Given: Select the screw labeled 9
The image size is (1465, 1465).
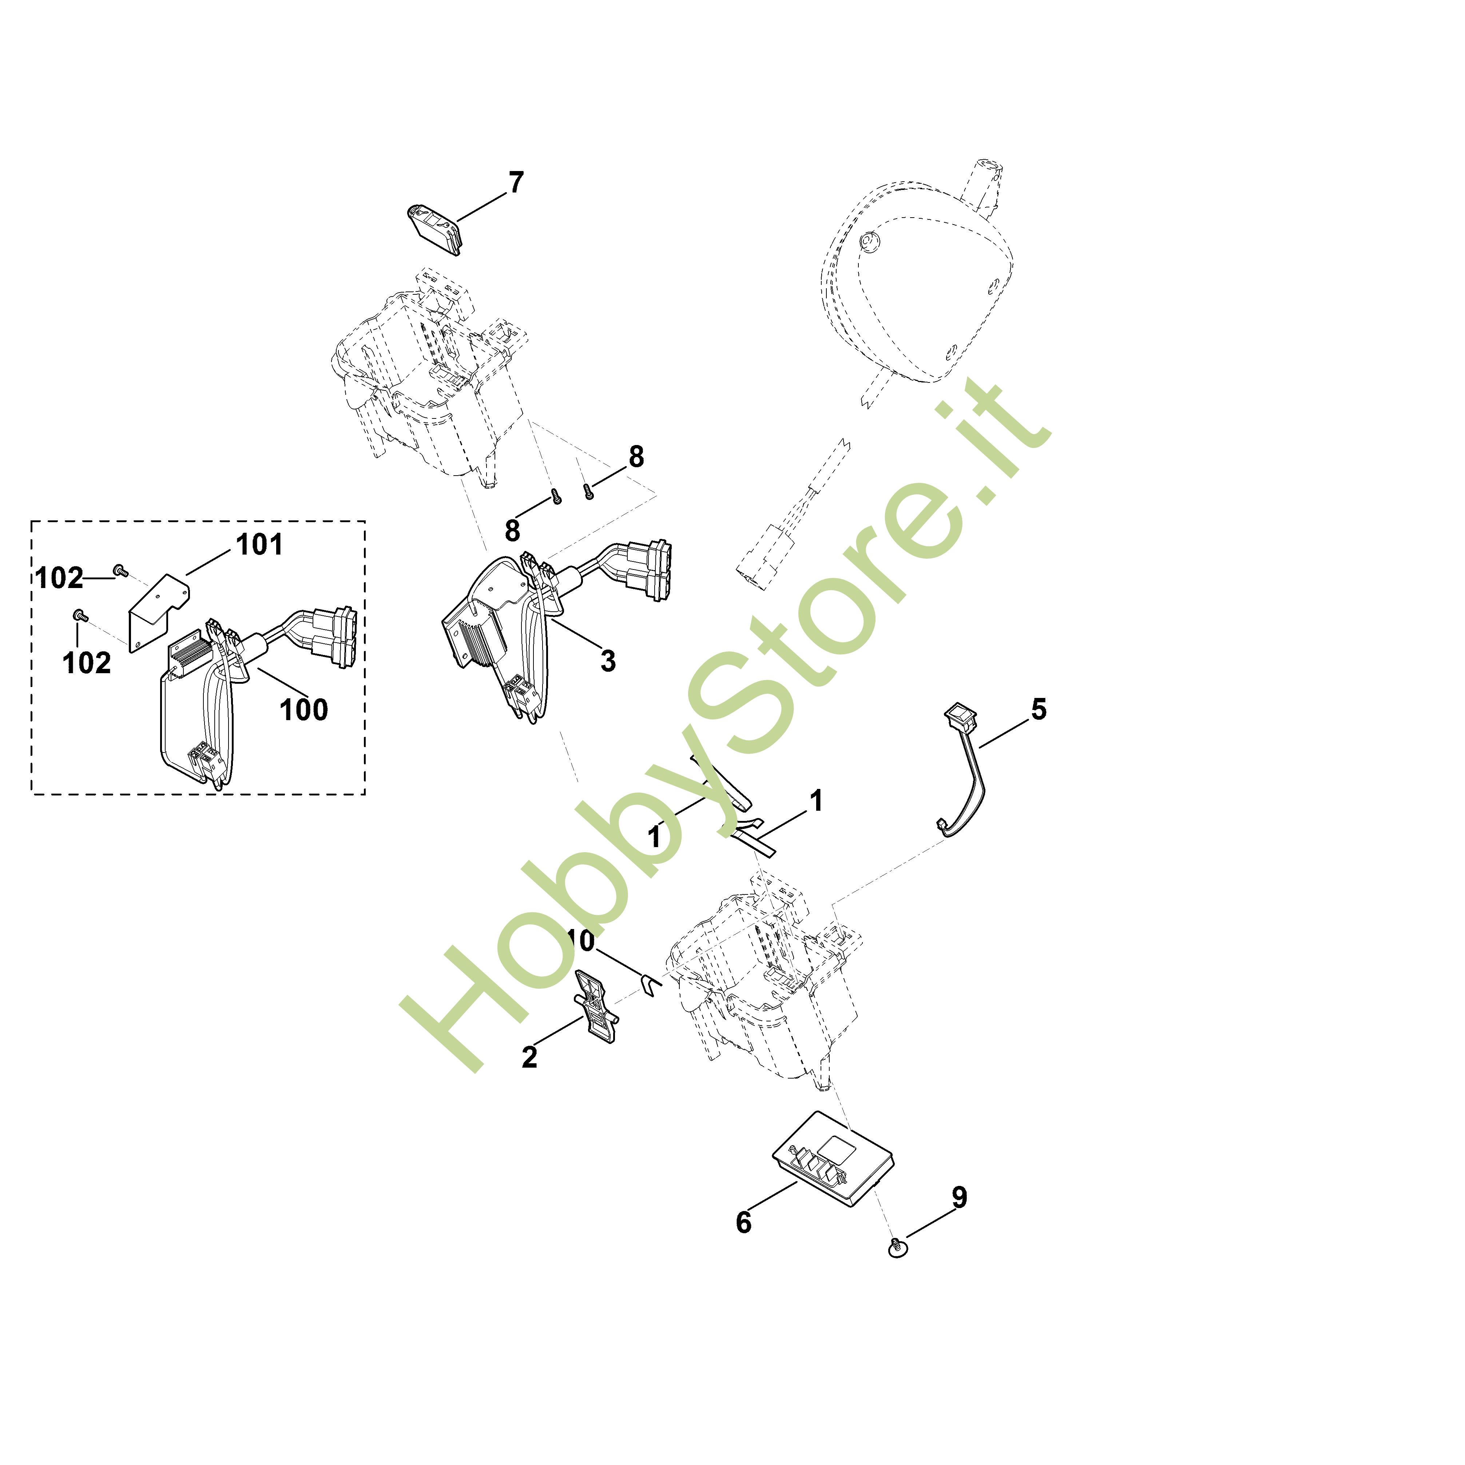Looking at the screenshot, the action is (x=897, y=1247).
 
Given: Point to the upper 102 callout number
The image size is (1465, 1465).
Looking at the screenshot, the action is (x=59, y=579).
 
